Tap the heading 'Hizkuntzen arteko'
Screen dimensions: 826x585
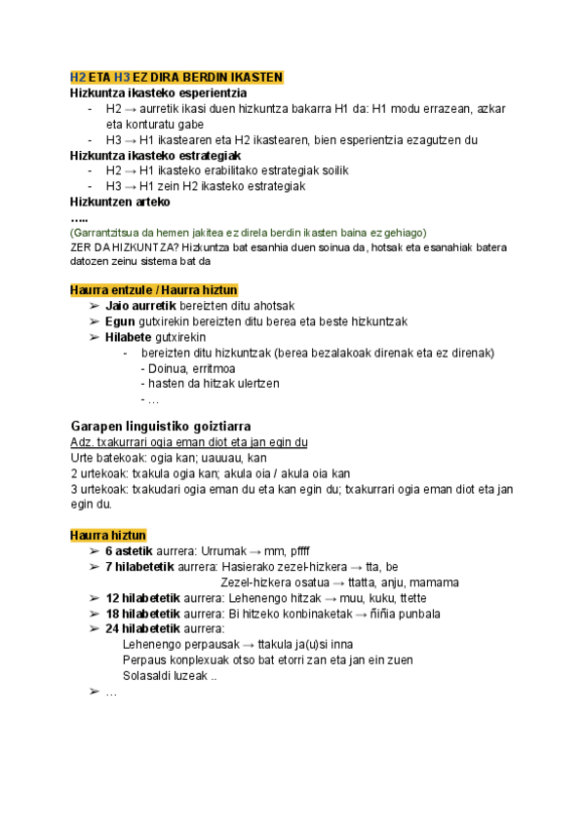120,202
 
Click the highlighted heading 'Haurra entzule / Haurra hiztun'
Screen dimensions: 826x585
153,290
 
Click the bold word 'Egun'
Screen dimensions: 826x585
120,321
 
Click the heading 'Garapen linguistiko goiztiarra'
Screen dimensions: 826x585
162,427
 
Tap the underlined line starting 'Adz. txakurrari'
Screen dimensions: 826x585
189,442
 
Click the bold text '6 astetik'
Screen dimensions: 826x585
129,551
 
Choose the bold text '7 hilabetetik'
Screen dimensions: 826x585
140,567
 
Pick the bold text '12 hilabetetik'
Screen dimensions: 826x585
143,598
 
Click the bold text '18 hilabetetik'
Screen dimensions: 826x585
143,614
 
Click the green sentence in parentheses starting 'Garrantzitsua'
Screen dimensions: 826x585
249,233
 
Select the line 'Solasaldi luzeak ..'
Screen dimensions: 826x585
170,676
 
